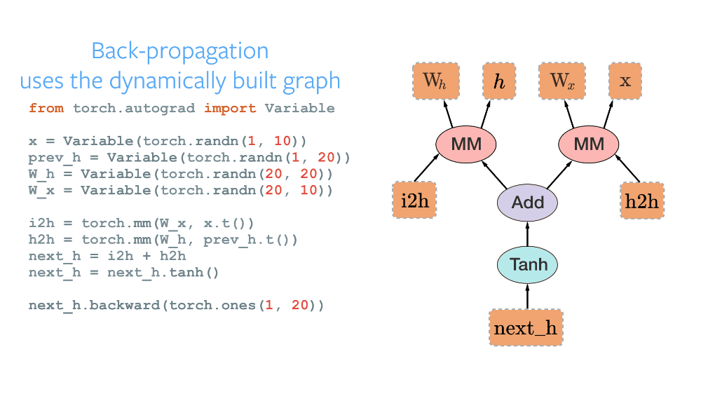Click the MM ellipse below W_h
tap(466, 144)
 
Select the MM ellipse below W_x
tap(589, 144)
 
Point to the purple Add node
tap(528, 203)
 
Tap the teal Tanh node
tap(527, 265)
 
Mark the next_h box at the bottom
tap(526, 328)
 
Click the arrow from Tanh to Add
tap(527, 234)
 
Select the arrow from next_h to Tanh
tap(527, 295)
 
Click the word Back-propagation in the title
tap(180, 51)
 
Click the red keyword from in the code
tap(46, 109)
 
